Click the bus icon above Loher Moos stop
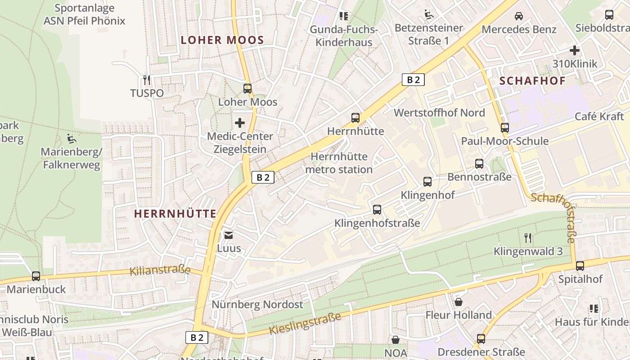point(247,89)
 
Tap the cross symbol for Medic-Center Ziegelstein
point(240,122)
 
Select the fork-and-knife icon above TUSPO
point(146,80)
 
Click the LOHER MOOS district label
point(222,40)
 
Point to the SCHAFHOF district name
point(532,81)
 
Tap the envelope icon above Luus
point(229,235)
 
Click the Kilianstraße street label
point(160,270)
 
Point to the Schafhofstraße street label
point(554,218)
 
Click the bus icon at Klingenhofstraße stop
point(377,210)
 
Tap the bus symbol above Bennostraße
point(479,164)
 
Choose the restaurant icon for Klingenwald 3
point(528,238)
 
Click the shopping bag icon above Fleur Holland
point(459,301)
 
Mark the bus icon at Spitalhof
point(580,266)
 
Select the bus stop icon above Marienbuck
point(36,276)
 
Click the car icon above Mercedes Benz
point(519,16)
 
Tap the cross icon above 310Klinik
point(575,50)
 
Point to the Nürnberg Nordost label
point(257,305)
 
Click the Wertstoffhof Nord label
point(439,112)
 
